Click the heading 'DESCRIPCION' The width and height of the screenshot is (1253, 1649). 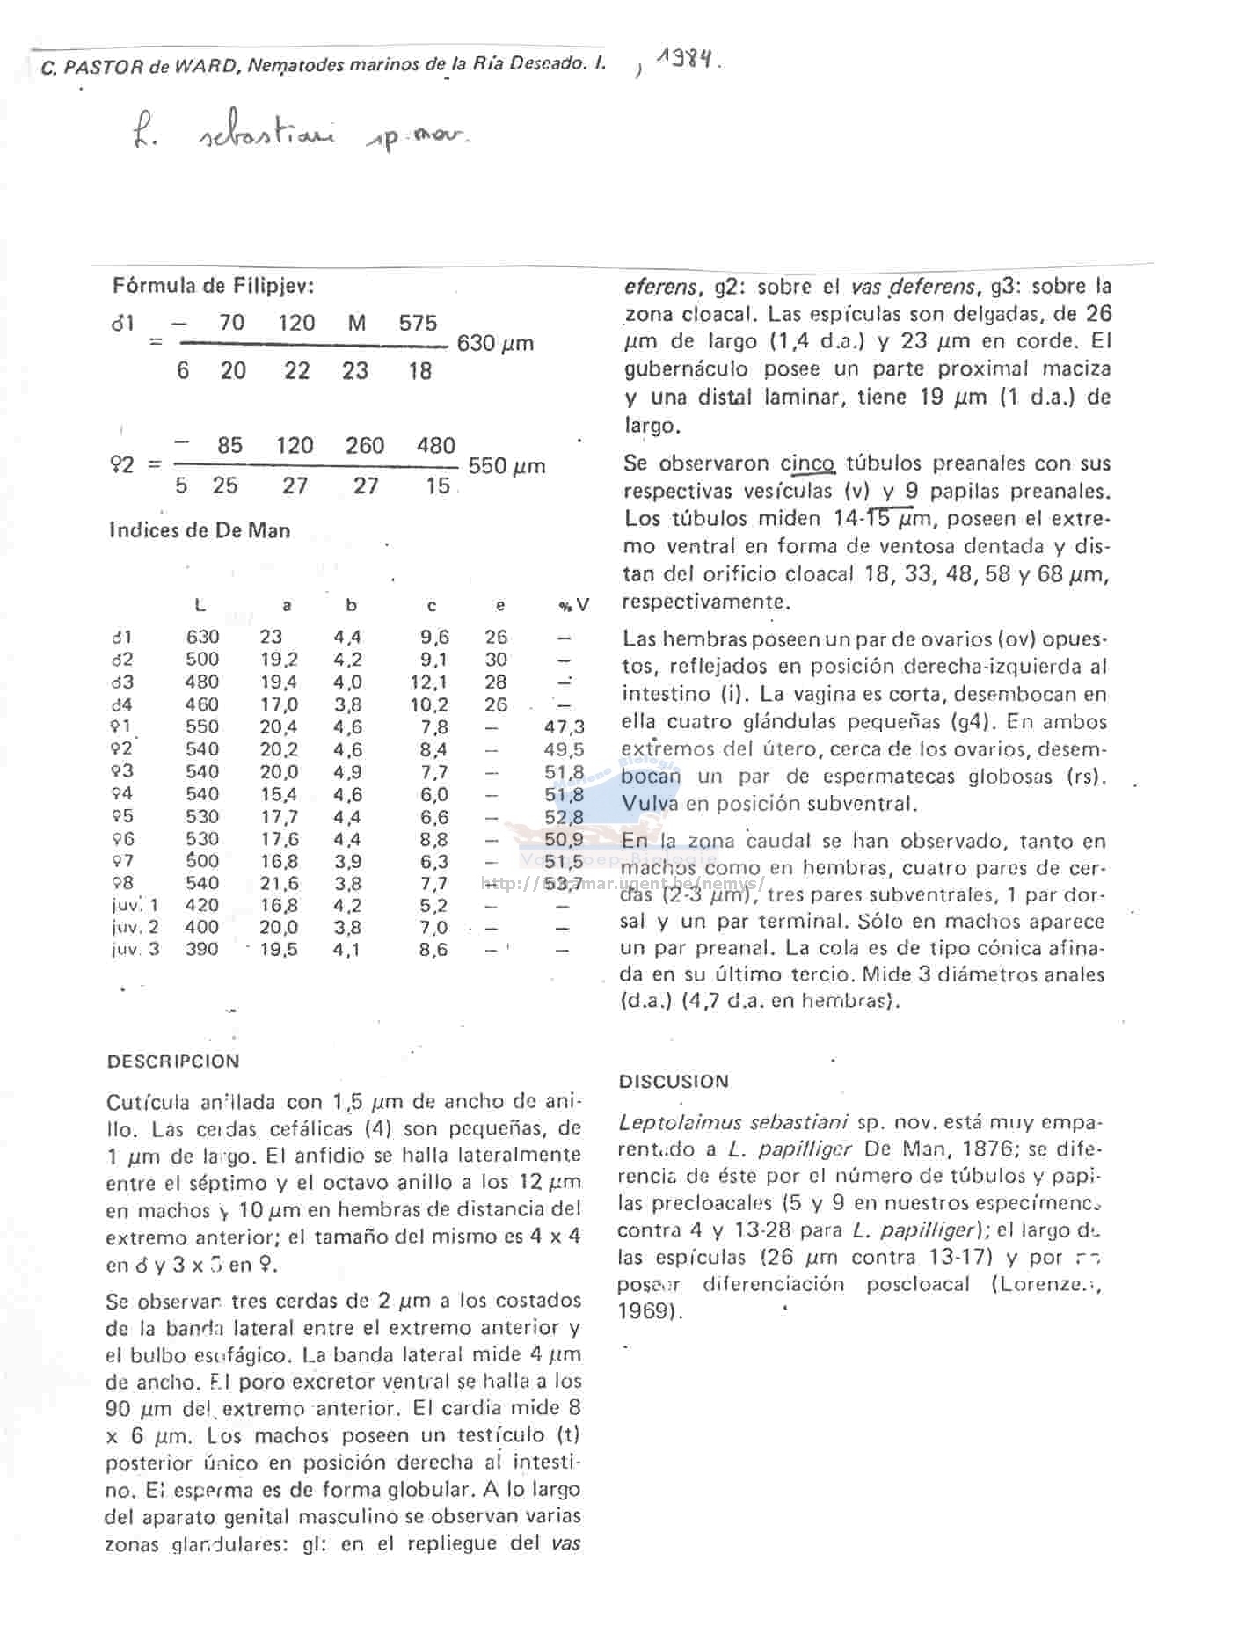[x=173, y=1062]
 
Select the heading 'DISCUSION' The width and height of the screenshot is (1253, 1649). [x=674, y=1082]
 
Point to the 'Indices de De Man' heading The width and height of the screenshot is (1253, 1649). [x=200, y=530]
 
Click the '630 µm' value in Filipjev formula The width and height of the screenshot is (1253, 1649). [x=495, y=343]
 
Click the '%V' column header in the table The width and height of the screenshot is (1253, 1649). [x=573, y=606]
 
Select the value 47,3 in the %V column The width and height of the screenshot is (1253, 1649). [x=564, y=727]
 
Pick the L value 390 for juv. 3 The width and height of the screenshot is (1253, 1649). [x=202, y=949]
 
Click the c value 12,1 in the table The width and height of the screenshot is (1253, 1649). [x=433, y=682]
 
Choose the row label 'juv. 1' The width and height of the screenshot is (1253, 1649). [x=135, y=905]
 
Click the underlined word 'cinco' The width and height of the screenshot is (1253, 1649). [x=807, y=463]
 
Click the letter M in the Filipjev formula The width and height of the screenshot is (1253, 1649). [x=356, y=323]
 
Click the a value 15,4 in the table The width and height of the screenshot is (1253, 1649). [x=279, y=794]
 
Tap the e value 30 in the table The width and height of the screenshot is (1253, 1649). [x=496, y=660]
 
